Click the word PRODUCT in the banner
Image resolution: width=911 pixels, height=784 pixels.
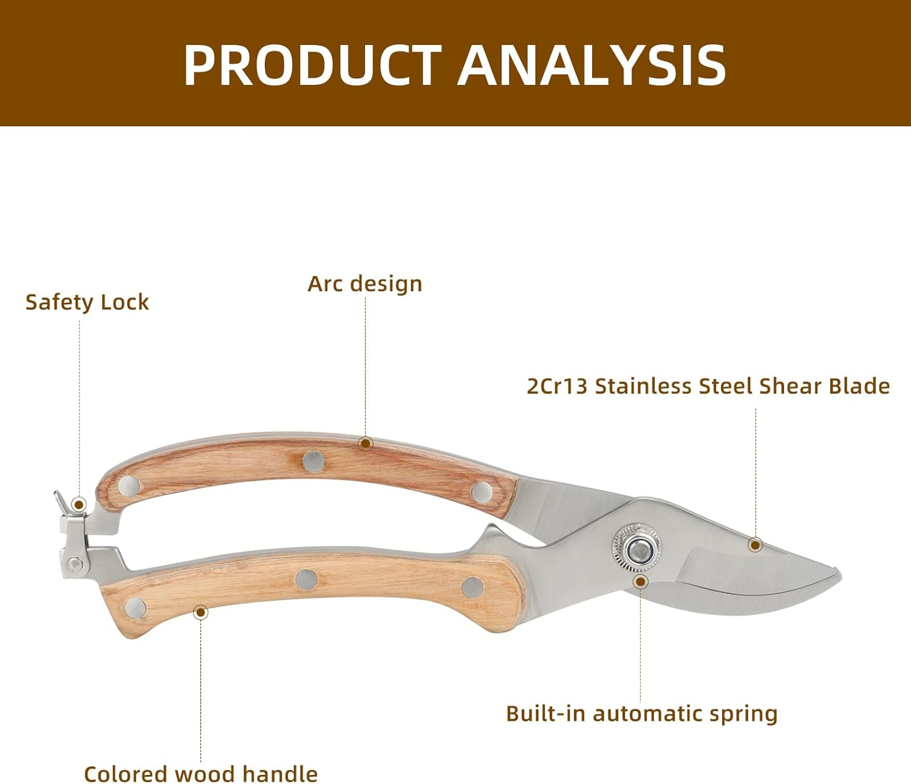pyautogui.click(x=312, y=65)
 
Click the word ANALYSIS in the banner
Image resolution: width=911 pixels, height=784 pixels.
pyautogui.click(x=592, y=65)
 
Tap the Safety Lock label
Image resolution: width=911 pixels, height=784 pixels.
pyautogui.click(x=87, y=302)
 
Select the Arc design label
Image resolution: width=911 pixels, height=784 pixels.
pyautogui.click(x=364, y=283)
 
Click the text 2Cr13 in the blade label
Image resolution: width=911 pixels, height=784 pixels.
pyautogui.click(x=557, y=386)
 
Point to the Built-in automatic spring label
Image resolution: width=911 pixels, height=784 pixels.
pyautogui.click(x=641, y=714)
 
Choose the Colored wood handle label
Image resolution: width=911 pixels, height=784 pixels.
pyautogui.click(x=200, y=774)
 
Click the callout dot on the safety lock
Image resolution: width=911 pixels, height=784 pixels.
pyautogui.click(x=78, y=504)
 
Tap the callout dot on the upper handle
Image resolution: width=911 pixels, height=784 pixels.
pyautogui.click(x=365, y=443)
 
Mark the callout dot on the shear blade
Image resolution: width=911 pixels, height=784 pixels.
pyautogui.click(x=755, y=545)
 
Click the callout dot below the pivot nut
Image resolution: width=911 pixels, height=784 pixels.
pyautogui.click(x=640, y=582)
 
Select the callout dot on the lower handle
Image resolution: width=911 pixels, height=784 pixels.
pyautogui.click(x=200, y=612)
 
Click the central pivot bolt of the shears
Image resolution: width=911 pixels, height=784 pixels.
pyautogui.click(x=638, y=550)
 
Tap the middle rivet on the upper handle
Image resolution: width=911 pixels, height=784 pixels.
pyautogui.click(x=313, y=461)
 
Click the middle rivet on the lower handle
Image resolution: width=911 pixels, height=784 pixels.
pyautogui.click(x=307, y=580)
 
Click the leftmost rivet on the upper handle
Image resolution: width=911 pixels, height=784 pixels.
pyautogui.click(x=129, y=485)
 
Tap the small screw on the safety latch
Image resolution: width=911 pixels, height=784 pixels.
pyautogui.click(x=76, y=564)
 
